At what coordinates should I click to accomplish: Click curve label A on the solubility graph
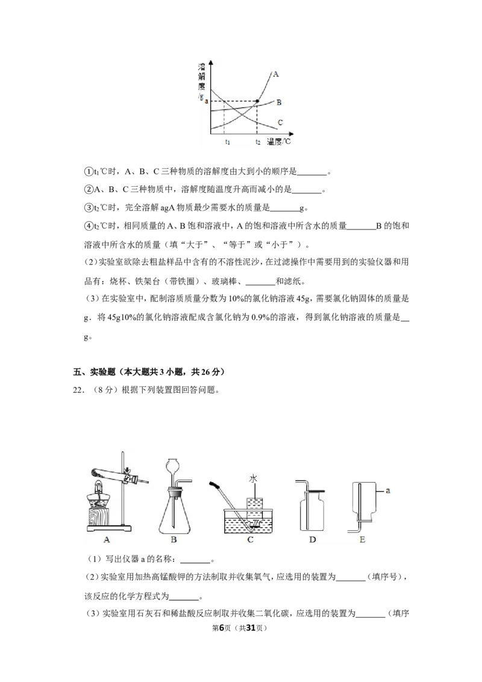pyautogui.click(x=276, y=74)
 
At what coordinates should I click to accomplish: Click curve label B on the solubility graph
pyautogui.click(x=279, y=102)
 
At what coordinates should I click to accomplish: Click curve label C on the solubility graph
pyautogui.click(x=280, y=123)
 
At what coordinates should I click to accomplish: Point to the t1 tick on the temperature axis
pyautogui.click(x=228, y=142)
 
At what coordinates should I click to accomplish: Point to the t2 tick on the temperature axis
pyautogui.click(x=257, y=142)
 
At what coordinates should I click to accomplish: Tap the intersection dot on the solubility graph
pyautogui.click(x=257, y=101)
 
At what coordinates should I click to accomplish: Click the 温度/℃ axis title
pyautogui.click(x=279, y=142)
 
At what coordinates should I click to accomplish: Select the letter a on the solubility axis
pyautogui.click(x=206, y=101)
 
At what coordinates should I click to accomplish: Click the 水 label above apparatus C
pyautogui.click(x=253, y=479)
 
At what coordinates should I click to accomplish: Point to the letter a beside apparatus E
pyautogui.click(x=388, y=491)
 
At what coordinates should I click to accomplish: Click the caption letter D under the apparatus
pyautogui.click(x=312, y=540)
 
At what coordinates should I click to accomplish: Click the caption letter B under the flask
pyautogui.click(x=174, y=540)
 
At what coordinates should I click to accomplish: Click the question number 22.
pyautogui.click(x=78, y=390)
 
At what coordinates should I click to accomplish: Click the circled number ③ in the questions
pyautogui.click(x=89, y=208)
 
